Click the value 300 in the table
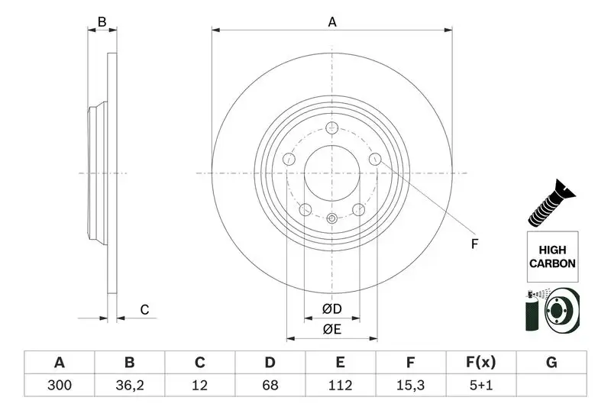pos(60,386)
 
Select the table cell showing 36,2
pos(129,386)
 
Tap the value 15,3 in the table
pos(410,386)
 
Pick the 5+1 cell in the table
pos(480,386)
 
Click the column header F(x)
pos(480,363)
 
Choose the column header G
pos(551,363)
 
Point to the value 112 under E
pos(340,386)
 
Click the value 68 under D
pos(270,386)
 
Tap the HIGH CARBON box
pos(551,257)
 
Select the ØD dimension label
pos(331,308)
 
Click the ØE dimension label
pos(331,329)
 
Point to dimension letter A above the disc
pos(332,22)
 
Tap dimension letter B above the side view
pos(102,22)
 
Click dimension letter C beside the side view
pos(143,309)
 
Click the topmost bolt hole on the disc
pos(331,128)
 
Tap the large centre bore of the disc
pos(331,173)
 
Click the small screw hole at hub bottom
pos(331,219)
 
